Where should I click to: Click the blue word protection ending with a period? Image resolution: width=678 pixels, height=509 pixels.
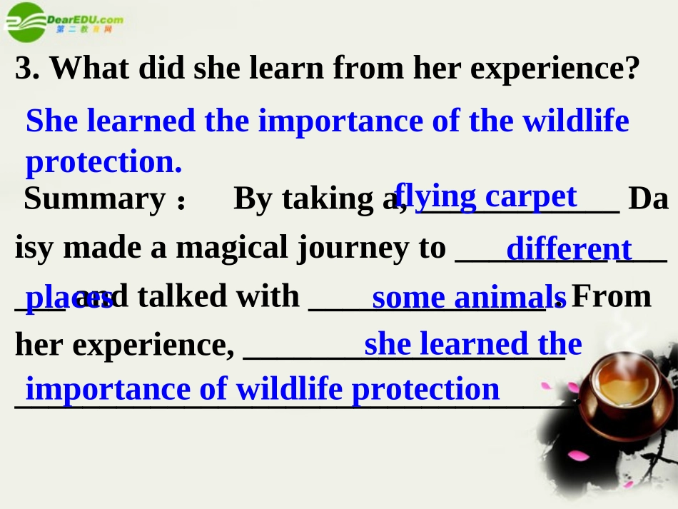tap(103, 163)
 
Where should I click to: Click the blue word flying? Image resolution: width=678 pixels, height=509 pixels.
tap(435, 196)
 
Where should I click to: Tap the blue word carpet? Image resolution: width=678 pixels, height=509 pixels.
tap(531, 196)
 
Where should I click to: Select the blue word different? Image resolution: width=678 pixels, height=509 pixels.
tap(568, 249)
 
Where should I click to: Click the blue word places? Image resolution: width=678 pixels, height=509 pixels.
tap(69, 298)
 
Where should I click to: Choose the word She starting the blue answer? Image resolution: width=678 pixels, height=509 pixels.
tap(52, 121)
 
